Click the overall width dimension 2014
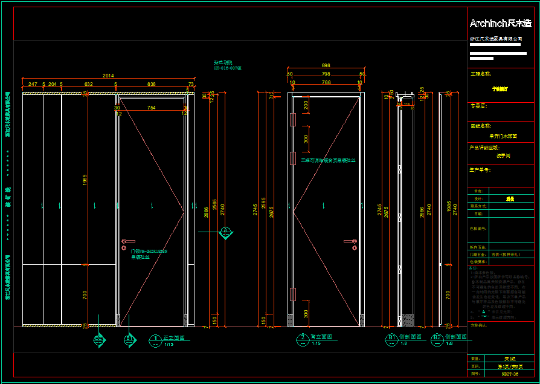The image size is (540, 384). tap(108, 76)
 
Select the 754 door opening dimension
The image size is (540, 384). tap(151, 108)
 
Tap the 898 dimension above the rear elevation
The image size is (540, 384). tap(326, 65)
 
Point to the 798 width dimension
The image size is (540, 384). tap(326, 74)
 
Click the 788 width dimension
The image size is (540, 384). tap(326, 82)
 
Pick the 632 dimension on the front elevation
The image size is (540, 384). tap(88, 84)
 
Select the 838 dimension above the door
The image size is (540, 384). tap(151, 84)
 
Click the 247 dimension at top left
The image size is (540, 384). tap(33, 84)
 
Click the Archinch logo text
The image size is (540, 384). tap(501, 24)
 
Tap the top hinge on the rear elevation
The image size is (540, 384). tap(292, 120)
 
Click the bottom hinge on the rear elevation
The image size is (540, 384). tap(292, 295)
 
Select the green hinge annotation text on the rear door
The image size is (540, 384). tap(328, 161)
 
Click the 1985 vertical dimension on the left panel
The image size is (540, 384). tap(85, 180)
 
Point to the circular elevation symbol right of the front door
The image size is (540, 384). tap(225, 232)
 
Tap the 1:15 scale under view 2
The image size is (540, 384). tap(316, 343)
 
